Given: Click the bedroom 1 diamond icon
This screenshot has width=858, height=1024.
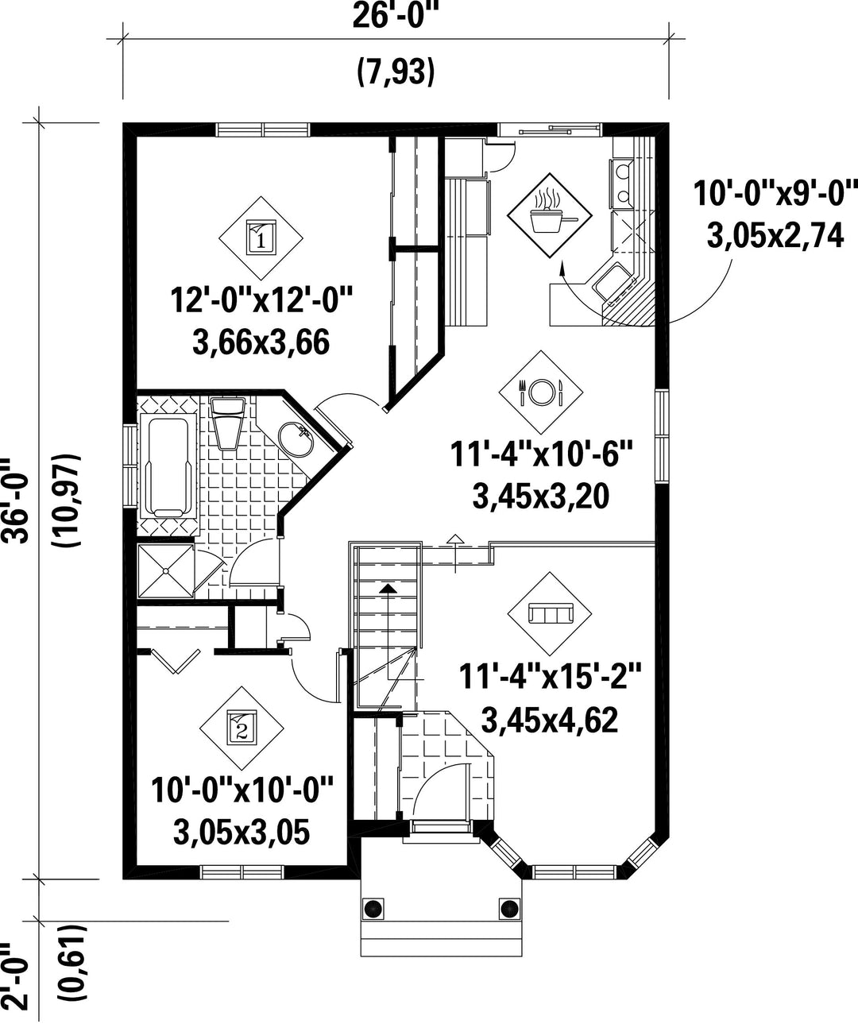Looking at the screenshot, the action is click(x=261, y=239).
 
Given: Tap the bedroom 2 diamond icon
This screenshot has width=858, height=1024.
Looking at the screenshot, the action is click(x=242, y=728).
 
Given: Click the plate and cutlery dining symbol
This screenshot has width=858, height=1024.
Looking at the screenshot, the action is click(x=541, y=392).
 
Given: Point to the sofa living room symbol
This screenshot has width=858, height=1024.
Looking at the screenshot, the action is click(x=550, y=613).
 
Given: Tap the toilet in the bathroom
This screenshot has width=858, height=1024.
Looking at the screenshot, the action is click(x=227, y=423).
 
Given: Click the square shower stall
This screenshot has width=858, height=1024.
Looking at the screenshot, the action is click(x=166, y=571).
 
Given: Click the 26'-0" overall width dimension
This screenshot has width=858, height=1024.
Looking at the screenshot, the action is click(x=395, y=16).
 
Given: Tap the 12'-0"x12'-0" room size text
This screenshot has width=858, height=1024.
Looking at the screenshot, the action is click(x=261, y=300).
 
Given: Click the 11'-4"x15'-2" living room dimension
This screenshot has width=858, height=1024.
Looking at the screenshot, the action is click(x=551, y=676).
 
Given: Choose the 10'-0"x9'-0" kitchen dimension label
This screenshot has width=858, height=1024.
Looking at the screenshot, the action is click(x=775, y=193).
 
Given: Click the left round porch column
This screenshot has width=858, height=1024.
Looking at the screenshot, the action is click(x=373, y=909).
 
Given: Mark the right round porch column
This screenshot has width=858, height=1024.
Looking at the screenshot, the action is click(x=509, y=909).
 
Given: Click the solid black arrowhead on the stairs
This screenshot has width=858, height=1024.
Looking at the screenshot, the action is click(x=388, y=589).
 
